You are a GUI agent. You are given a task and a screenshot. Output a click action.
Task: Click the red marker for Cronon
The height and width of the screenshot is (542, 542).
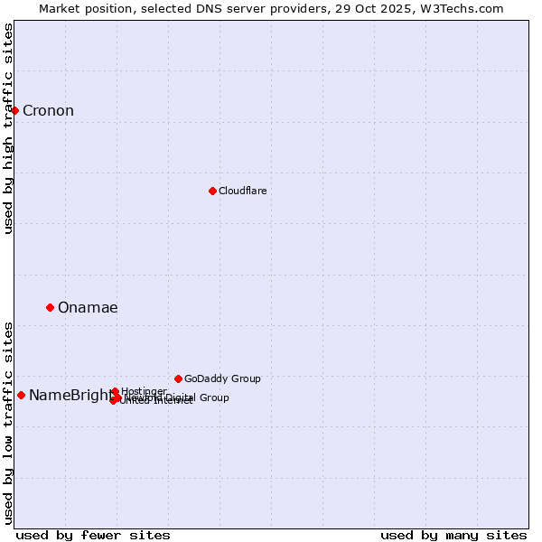click(x=14, y=110)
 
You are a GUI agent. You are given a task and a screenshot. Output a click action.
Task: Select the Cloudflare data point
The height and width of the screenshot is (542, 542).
click(x=212, y=191)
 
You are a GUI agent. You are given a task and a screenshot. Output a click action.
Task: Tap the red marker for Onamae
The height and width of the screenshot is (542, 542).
click(x=50, y=307)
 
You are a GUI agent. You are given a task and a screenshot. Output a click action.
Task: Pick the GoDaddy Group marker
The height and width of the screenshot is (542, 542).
click(x=178, y=378)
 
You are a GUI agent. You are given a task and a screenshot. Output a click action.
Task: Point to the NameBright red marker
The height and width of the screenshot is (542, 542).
click(x=21, y=395)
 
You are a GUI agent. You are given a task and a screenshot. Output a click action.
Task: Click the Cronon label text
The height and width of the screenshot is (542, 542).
click(x=48, y=111)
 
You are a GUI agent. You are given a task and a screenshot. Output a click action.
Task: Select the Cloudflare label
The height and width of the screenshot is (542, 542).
click(x=242, y=191)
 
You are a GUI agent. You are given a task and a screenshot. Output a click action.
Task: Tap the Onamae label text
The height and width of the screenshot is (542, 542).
click(x=88, y=308)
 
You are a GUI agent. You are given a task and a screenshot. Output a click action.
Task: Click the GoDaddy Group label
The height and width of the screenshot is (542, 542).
click(x=222, y=378)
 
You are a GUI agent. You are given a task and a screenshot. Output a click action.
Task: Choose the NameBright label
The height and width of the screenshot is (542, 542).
click(x=70, y=395)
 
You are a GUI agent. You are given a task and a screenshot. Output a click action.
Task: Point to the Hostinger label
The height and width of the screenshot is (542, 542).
click(x=144, y=391)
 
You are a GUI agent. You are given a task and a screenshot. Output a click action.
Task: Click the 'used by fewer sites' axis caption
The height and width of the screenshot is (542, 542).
click(x=93, y=535)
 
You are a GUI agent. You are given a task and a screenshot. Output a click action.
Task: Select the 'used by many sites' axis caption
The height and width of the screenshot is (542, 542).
click(x=453, y=535)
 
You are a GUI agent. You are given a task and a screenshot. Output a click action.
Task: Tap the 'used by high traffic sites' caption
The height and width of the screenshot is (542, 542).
click(x=9, y=128)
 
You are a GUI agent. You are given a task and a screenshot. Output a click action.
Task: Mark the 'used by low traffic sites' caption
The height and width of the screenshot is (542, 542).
click(x=9, y=422)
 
